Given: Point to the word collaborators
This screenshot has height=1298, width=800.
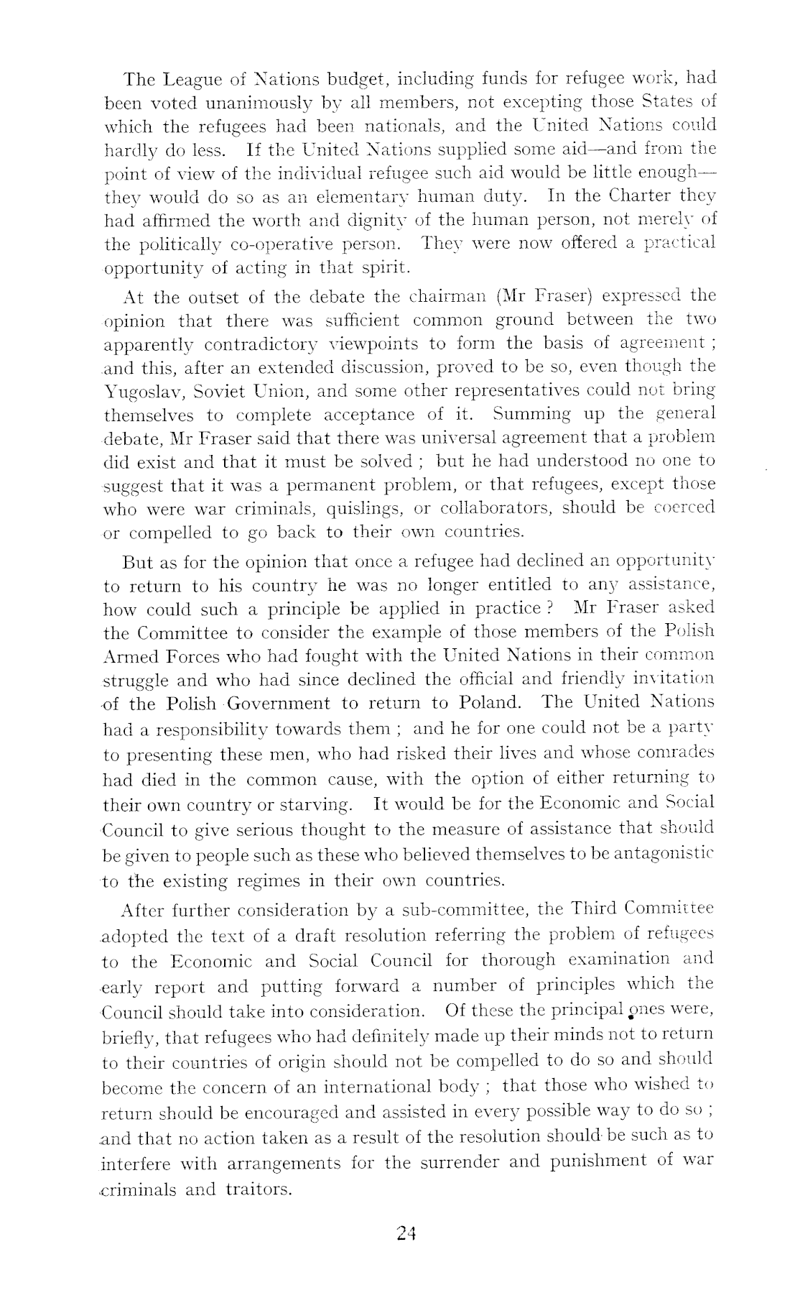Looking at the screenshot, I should click(493, 508).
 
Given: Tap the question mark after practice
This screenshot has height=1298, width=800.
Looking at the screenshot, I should click(549, 608).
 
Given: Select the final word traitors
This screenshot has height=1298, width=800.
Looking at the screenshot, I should click(258, 1189).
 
